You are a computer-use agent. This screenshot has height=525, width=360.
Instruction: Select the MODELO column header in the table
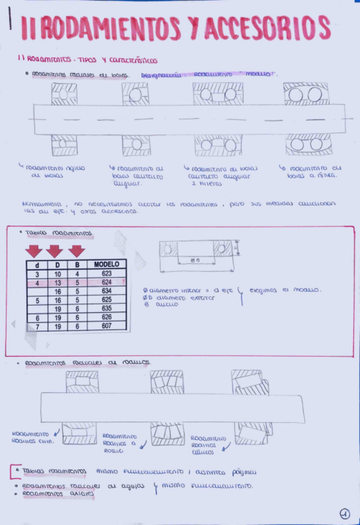click(x=106, y=264)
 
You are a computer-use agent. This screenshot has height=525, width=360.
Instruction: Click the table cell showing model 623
click(x=106, y=273)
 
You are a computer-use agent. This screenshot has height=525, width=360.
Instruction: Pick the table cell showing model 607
click(x=106, y=325)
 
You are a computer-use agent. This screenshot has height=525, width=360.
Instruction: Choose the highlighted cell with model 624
click(x=106, y=282)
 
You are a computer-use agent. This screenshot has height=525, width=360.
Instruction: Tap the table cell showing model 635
click(x=106, y=308)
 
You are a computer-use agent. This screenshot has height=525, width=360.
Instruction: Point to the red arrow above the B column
click(x=77, y=251)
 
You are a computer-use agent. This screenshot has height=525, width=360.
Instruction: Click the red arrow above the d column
click(x=35, y=251)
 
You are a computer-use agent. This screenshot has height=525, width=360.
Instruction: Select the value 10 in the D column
click(x=56, y=273)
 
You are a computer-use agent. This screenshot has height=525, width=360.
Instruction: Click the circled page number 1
click(x=345, y=513)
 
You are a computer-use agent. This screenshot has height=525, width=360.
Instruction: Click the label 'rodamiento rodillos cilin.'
click(x=33, y=438)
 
